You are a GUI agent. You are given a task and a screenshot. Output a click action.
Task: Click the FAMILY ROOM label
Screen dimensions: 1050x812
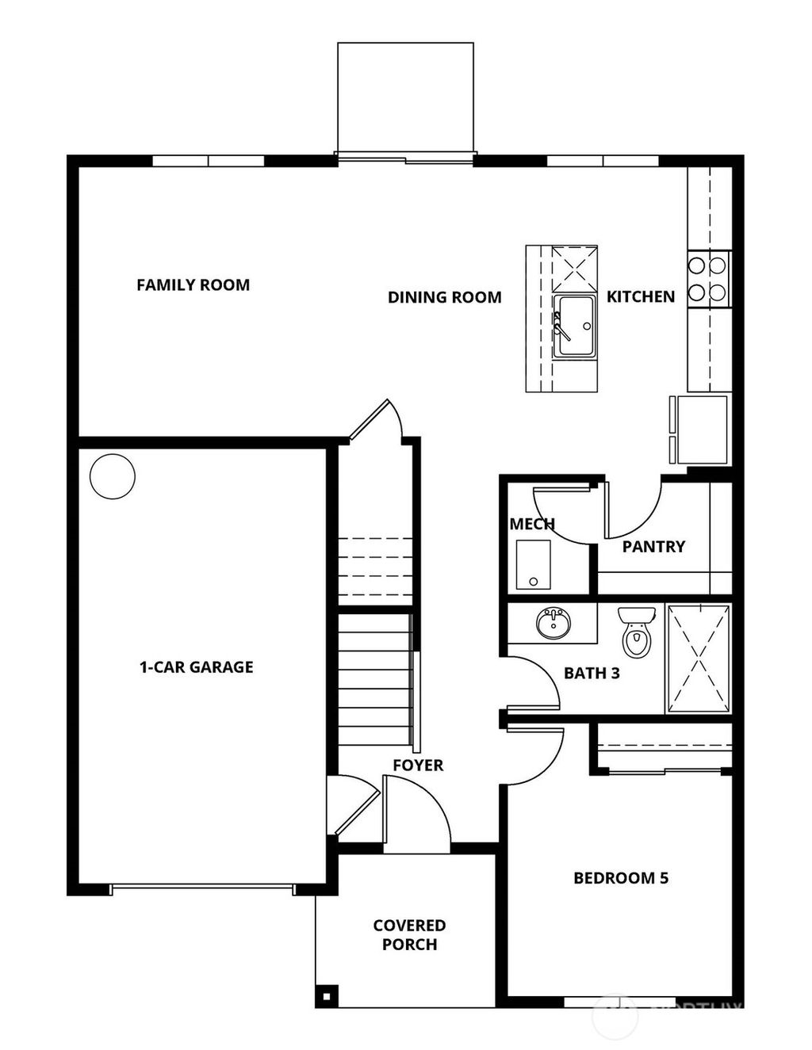pyautogui.click(x=193, y=284)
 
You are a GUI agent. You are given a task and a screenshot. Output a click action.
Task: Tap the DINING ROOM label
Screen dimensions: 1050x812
pyautogui.click(x=444, y=297)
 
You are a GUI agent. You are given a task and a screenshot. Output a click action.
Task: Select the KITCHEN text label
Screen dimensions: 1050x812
pyautogui.click(x=641, y=296)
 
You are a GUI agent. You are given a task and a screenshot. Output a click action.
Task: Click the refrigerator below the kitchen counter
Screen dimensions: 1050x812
pyautogui.click(x=700, y=430)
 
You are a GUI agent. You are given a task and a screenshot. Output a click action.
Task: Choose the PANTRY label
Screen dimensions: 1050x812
pyautogui.click(x=653, y=546)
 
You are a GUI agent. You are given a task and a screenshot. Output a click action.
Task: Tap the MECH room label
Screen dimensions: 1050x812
pyautogui.click(x=531, y=524)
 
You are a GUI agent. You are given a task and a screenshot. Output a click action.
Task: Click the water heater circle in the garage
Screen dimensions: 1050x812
pyautogui.click(x=113, y=476)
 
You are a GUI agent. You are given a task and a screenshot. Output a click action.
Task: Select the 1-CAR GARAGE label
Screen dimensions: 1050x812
pyautogui.click(x=196, y=667)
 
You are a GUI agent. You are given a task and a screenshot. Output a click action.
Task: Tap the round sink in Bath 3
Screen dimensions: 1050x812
pyautogui.click(x=553, y=623)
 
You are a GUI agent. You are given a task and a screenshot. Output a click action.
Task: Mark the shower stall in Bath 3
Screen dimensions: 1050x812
pyautogui.click(x=698, y=659)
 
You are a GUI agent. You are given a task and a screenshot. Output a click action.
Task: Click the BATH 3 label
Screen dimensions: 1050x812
pyautogui.click(x=592, y=674)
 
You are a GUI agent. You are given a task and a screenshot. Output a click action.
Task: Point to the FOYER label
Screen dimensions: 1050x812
pyautogui.click(x=418, y=766)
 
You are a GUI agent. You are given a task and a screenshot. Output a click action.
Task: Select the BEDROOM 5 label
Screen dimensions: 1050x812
pyautogui.click(x=621, y=878)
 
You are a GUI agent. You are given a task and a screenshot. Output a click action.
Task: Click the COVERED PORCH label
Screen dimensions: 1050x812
pyautogui.click(x=409, y=935)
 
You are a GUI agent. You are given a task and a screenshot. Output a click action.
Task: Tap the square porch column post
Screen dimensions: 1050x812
pyautogui.click(x=326, y=995)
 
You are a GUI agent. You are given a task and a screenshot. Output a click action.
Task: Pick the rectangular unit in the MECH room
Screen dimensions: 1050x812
pyautogui.click(x=533, y=565)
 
